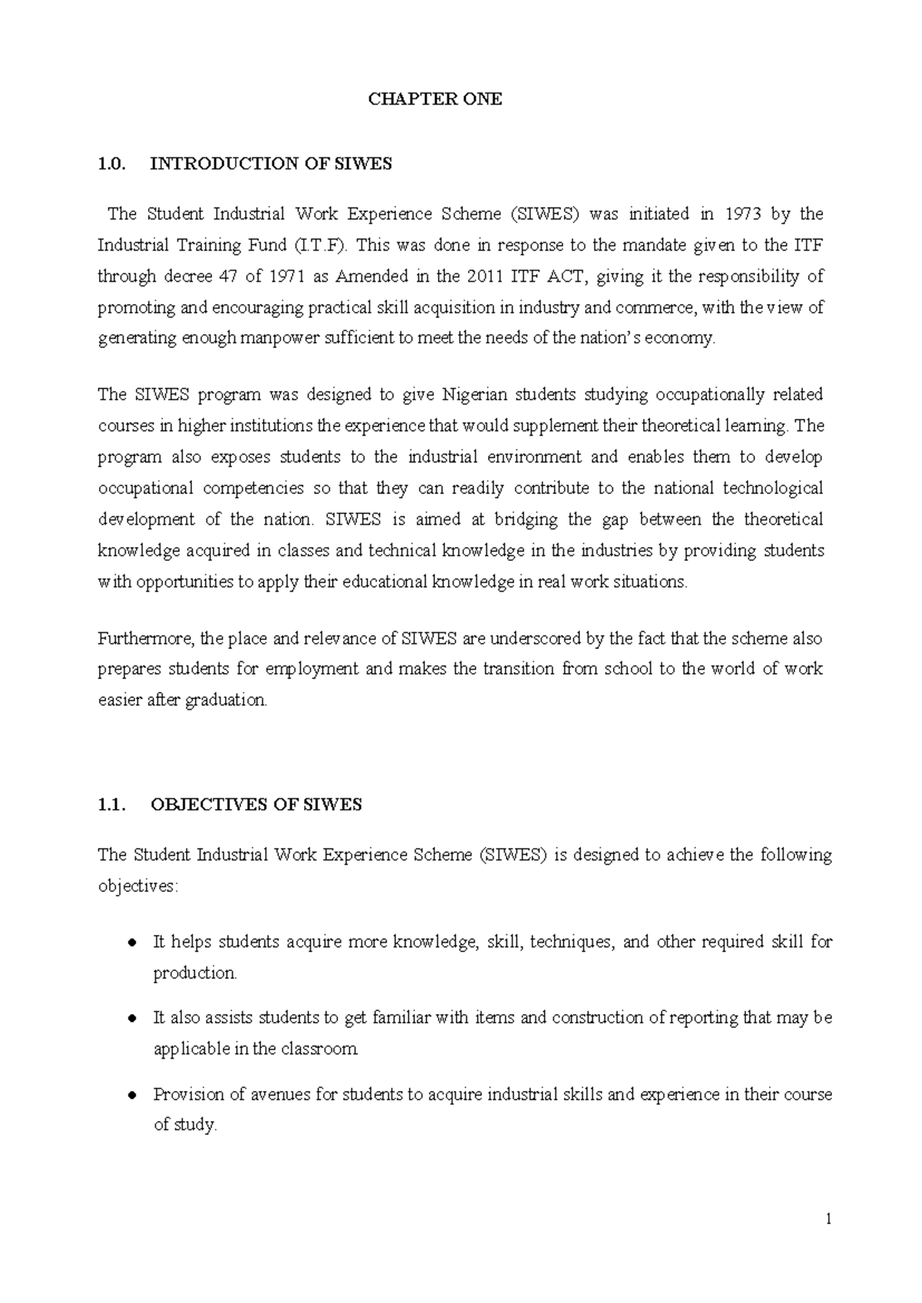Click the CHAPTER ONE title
point(435,99)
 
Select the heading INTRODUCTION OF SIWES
point(270,164)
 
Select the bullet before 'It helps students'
point(132,943)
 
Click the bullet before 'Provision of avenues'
point(132,1095)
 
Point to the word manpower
point(277,339)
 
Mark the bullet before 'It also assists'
point(132,1019)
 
